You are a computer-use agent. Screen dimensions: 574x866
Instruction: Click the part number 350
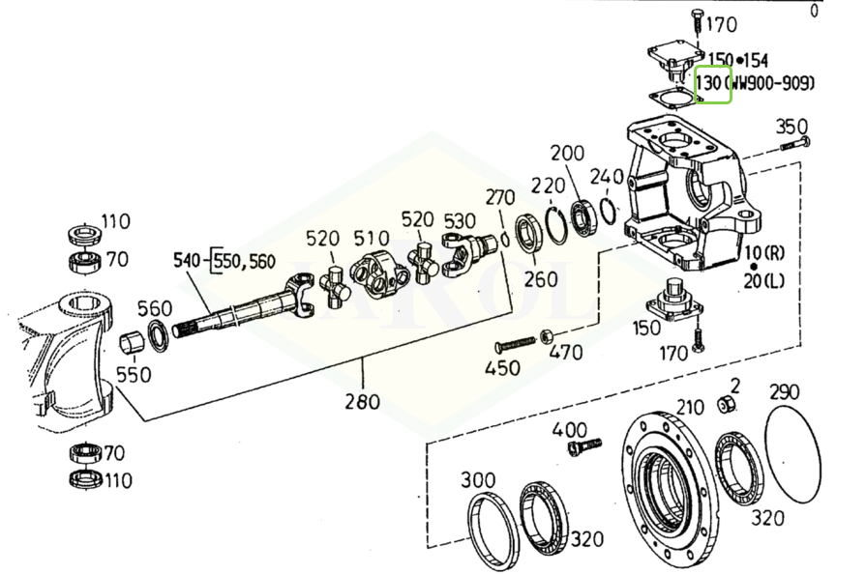tap(791, 127)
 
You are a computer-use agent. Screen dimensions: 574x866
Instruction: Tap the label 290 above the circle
tap(786, 392)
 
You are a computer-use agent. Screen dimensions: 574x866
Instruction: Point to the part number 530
tap(461, 220)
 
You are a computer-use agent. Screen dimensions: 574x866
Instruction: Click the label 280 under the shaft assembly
tap(363, 400)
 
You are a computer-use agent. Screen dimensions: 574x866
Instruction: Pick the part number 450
tap(502, 367)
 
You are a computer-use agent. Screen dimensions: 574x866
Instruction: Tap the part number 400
tap(570, 429)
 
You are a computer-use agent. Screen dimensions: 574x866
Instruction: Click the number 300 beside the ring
tap(478, 480)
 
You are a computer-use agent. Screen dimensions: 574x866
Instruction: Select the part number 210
tap(690, 406)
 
